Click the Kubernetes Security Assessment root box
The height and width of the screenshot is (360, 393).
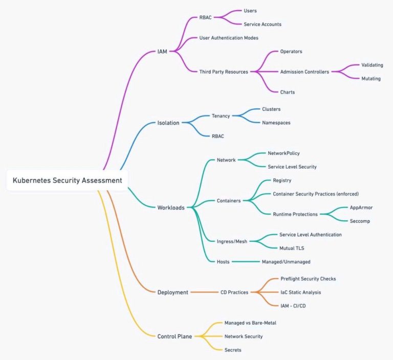tap(67, 181)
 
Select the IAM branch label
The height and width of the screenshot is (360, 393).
tap(162, 52)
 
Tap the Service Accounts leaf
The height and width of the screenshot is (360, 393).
tap(263, 25)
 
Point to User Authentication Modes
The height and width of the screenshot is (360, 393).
tap(229, 38)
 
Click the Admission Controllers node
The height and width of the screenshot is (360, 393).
tap(304, 72)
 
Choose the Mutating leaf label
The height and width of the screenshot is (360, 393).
tap(371, 79)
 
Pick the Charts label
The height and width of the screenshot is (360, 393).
tap(288, 92)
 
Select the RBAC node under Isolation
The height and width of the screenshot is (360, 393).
tap(218, 137)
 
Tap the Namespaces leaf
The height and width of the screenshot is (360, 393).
tap(276, 123)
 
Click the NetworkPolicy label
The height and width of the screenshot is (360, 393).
tap(283, 153)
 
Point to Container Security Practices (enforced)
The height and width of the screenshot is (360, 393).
tap(316, 194)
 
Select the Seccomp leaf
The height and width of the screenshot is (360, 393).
tap(360, 221)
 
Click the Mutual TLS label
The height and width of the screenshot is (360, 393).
tap(292, 249)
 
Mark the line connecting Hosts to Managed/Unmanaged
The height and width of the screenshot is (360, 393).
tap(246, 262)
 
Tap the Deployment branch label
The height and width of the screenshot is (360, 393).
tap(172, 292)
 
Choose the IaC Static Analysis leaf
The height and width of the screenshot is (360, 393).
tap(301, 292)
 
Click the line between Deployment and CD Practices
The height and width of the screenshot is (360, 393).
tap(204, 292)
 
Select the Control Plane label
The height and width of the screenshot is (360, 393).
tap(174, 336)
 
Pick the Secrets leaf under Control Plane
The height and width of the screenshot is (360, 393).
tap(233, 350)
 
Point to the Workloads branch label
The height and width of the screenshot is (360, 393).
tap(171, 208)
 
